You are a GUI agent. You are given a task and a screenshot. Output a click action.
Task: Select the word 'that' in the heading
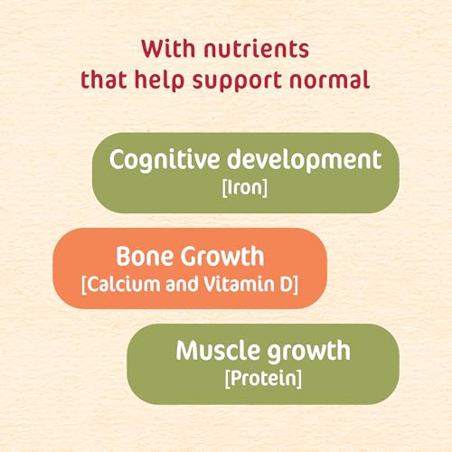point(104,80)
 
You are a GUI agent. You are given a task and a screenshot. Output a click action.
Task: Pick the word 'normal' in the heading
point(335,80)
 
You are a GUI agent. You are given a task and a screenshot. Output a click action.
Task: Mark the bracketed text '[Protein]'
point(263,378)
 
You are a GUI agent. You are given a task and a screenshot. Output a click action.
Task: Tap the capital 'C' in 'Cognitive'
point(117,160)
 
